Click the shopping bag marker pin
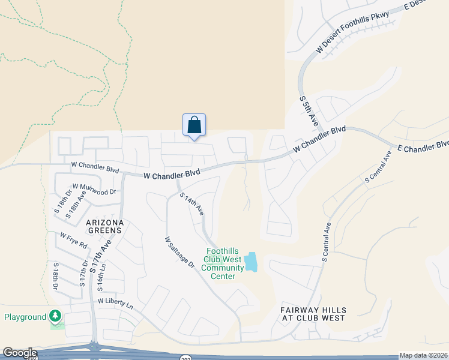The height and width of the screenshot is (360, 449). pos(194,125)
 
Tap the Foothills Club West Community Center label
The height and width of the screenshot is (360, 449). pos(222,264)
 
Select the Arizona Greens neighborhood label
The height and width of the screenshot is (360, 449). pos(105,226)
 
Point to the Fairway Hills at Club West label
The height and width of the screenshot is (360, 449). pos(313,314)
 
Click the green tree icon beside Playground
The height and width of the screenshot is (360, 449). pos(56,315)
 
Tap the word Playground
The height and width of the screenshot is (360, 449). pos(25,317)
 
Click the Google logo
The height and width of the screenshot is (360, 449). pos(19,353)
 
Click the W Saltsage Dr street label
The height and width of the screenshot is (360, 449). pos(180,252)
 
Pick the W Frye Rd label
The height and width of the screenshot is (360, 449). pos(73,241)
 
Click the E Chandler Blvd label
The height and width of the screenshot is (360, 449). pos(422,146)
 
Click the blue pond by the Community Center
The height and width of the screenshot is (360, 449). pos(250,262)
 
